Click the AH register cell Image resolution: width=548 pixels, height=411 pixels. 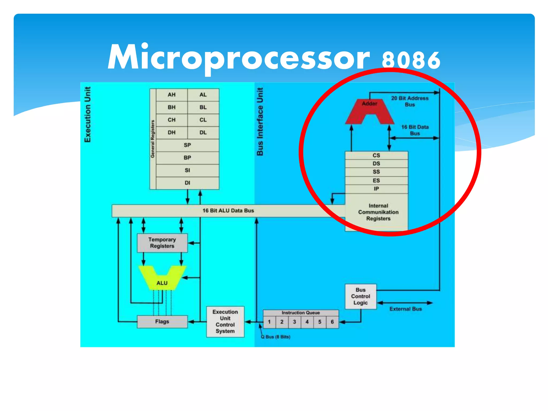tap(172, 95)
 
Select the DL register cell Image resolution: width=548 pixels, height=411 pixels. tap(203, 132)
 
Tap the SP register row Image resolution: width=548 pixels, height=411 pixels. tap(187, 145)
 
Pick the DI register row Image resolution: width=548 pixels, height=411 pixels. tap(187, 183)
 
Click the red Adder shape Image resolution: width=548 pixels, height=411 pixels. tap(370, 108)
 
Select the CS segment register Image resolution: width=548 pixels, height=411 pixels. tap(376, 155)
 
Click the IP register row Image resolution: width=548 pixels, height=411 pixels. tap(376, 189)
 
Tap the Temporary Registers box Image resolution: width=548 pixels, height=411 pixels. tap(162, 243)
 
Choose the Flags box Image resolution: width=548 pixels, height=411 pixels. tap(162, 321)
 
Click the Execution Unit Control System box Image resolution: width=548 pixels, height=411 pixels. tap(225, 321)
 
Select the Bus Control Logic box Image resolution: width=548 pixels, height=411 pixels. tap(360, 296)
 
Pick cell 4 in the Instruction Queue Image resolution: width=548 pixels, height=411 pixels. tap(307, 322)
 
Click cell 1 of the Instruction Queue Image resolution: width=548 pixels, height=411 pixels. tap(269, 322)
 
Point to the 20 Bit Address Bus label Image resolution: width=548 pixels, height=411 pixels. tap(410, 101)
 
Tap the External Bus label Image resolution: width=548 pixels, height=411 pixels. tap(405, 309)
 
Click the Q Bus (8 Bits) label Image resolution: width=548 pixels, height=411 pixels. tap(276, 337)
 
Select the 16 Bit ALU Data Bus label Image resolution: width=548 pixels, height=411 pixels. tap(228, 211)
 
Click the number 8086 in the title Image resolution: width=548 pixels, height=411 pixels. tap(411, 60)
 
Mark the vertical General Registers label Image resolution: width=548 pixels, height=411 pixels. tap(153, 139)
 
